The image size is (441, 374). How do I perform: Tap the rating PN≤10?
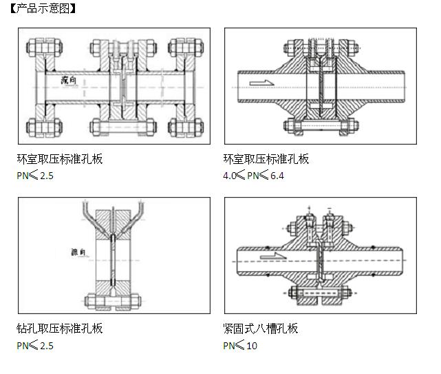pyautogui.click(x=239, y=345)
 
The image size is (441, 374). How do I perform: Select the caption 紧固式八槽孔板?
pyautogui.click(x=261, y=329)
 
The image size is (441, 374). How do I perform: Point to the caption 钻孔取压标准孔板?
pyautogui.click(x=60, y=329)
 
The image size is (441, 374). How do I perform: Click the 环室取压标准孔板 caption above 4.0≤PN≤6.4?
pyautogui.click(x=266, y=159)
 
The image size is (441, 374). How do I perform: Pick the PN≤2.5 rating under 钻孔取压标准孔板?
pyautogui.click(x=35, y=345)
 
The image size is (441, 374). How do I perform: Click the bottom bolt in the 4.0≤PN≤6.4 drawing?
pyautogui.click(x=321, y=126)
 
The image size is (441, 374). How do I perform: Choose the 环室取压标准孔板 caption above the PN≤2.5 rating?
pyautogui.click(x=60, y=159)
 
